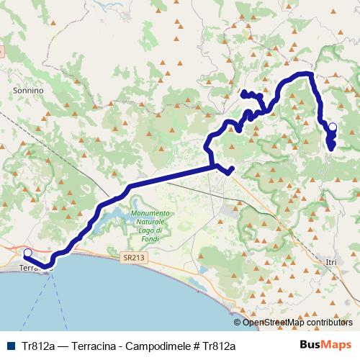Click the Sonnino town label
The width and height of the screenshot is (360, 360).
tap(29, 91)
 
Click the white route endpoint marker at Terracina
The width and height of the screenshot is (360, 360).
tap(27, 253)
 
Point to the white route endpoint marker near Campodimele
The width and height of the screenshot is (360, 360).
tap(332, 127)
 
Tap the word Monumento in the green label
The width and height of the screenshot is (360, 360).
tap(150, 214)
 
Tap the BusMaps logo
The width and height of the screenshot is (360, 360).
tap(325, 345)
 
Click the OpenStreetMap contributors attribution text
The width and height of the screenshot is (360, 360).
tap(297, 323)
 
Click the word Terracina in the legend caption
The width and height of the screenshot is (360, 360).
tap(86, 346)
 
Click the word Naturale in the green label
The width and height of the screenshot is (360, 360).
tap(150, 222)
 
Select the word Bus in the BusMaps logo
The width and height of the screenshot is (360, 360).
tap(311, 345)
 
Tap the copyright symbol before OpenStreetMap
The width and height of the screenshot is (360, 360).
tap(238, 323)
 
